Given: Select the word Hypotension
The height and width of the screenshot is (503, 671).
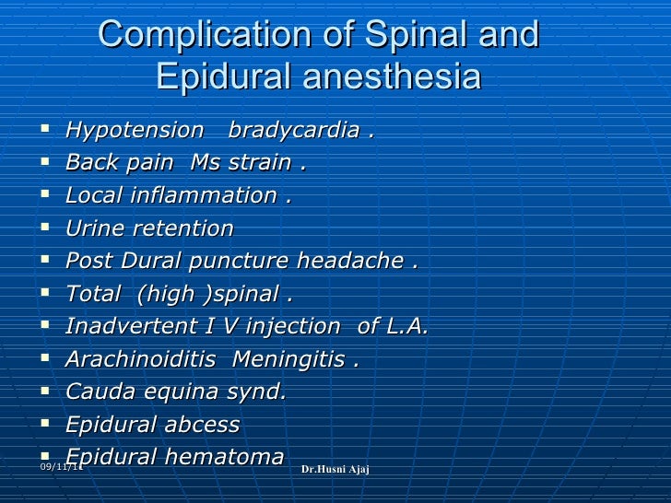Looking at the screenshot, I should click(x=135, y=130).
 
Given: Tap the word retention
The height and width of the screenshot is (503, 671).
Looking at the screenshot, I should click(x=183, y=228).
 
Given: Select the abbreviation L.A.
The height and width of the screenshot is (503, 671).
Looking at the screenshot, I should click(x=406, y=326).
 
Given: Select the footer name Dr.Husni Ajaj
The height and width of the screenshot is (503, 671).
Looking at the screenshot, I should click(x=335, y=471).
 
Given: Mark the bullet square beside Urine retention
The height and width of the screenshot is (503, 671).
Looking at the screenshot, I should click(x=45, y=227).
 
